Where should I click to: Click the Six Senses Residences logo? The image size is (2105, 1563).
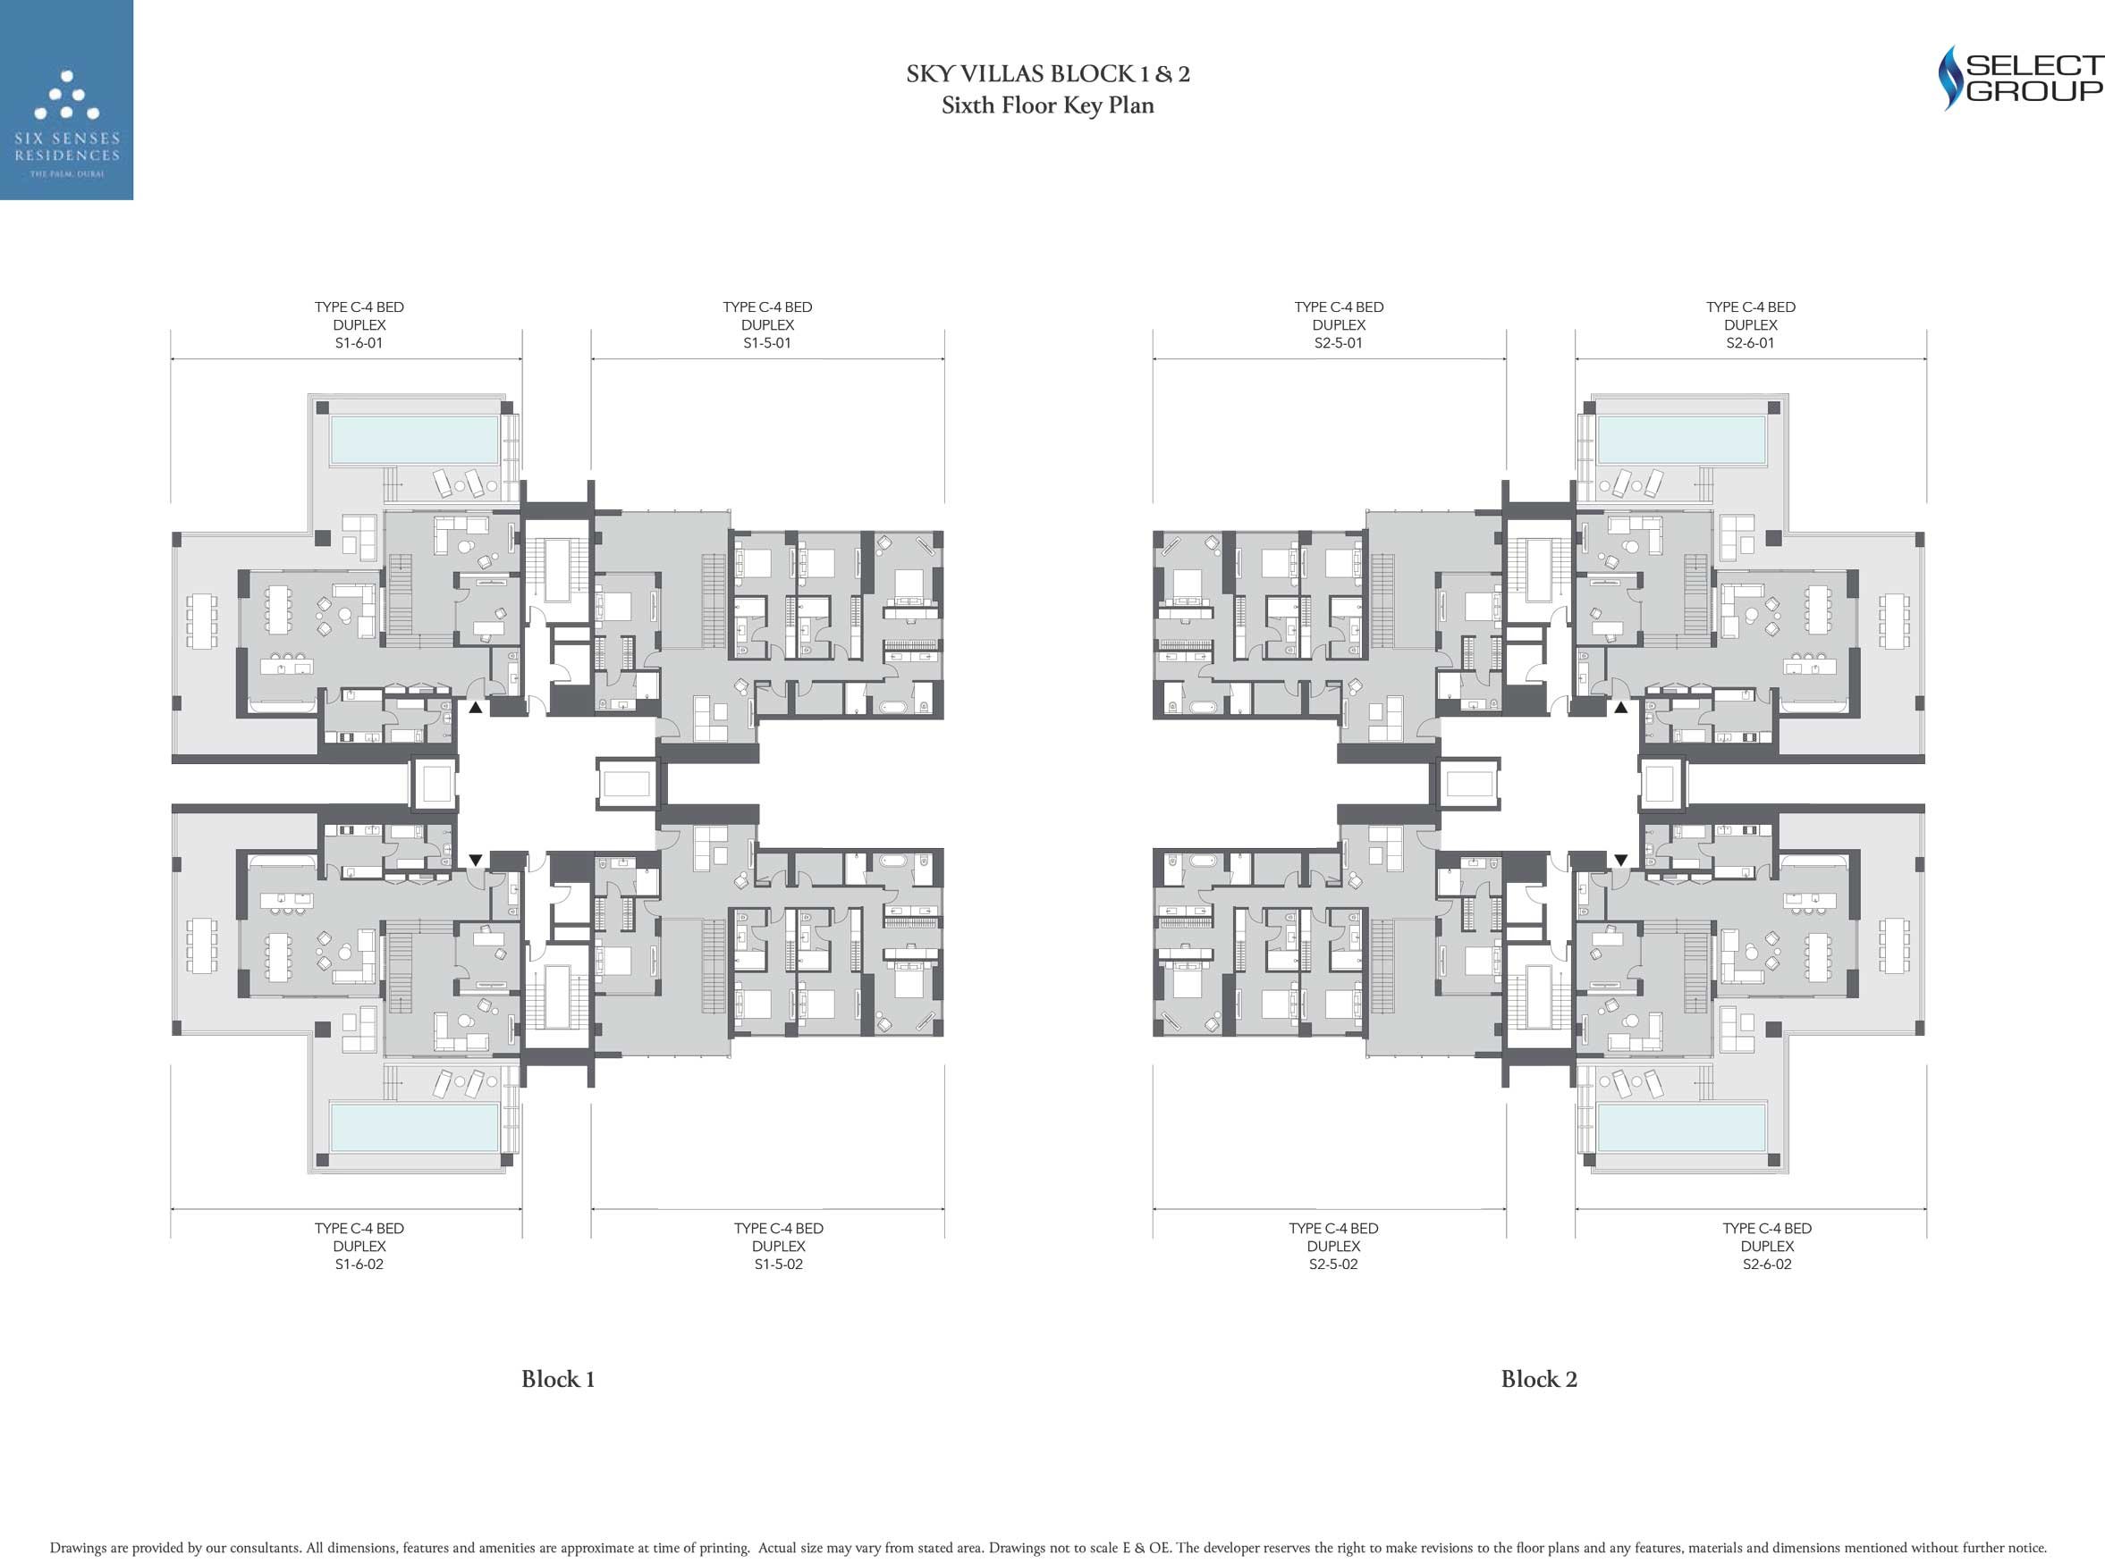pos(66,99)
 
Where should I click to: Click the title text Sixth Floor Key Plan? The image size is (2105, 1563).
pos(1048,105)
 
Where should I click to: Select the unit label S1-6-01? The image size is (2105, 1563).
pos(359,343)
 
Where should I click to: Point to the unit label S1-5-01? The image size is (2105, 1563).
pos(766,343)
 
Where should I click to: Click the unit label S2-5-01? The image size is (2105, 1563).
pos(1339,343)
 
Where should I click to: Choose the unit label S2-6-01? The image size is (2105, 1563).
pos(1750,343)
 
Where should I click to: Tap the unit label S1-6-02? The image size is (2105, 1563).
pos(359,1264)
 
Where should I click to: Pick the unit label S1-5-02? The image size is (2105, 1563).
pos(778,1264)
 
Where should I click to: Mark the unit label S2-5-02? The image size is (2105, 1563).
pos(1332,1264)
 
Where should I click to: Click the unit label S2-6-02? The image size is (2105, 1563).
pos(1767,1264)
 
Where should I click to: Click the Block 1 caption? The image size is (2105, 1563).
pos(557,1380)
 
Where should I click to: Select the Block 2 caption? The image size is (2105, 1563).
pos(1539,1380)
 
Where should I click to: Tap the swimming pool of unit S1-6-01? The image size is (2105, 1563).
pos(415,440)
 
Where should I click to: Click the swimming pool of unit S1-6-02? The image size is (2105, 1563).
pos(415,1127)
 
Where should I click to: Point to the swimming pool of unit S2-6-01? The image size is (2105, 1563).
pos(1682,440)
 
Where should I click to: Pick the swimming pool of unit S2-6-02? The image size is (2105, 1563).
pos(1682,1127)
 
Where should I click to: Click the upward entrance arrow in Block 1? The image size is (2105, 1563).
pos(475,707)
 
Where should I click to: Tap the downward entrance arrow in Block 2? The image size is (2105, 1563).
pos(1621,860)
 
